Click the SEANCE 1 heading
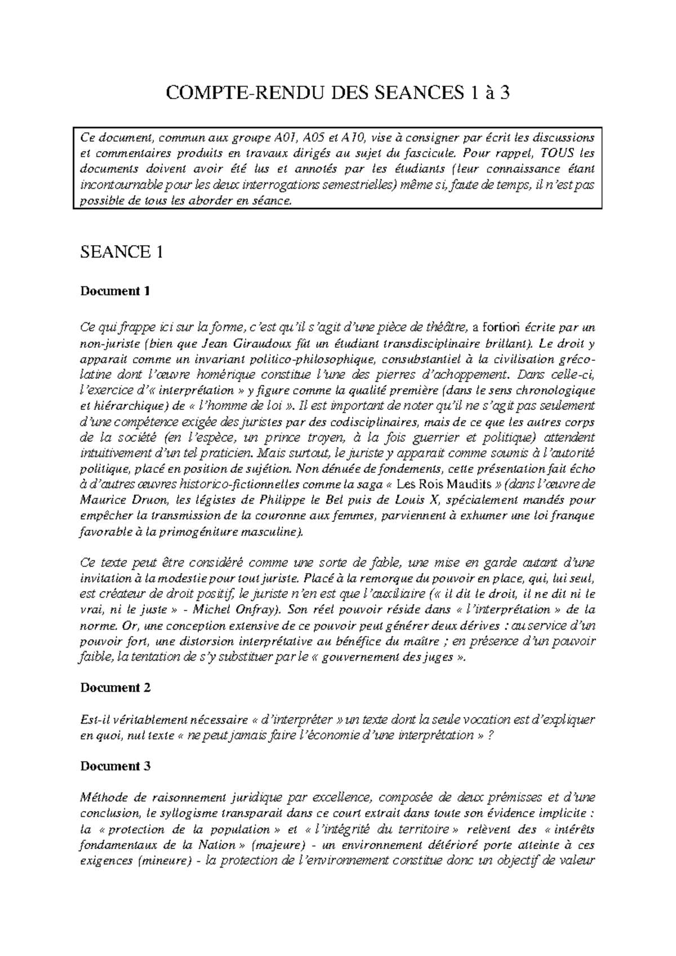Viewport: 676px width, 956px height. pyautogui.click(x=122, y=252)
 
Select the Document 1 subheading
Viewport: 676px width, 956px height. pyautogui.click(x=115, y=291)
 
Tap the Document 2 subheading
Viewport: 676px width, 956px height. pyautogui.click(x=115, y=688)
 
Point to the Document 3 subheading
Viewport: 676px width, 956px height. pyautogui.click(x=115, y=766)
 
